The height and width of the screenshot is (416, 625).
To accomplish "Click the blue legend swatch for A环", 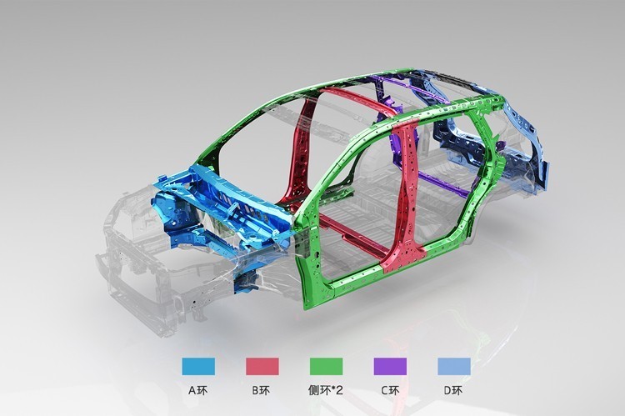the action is pyautogui.click(x=198, y=366).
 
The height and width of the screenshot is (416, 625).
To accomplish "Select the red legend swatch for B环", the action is pyautogui.click(x=262, y=366).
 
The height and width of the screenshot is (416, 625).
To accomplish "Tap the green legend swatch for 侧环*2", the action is pyautogui.click(x=326, y=366).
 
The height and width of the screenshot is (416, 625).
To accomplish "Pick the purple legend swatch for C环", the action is pyautogui.click(x=390, y=366).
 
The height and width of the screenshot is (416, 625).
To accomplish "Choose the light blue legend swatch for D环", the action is pyautogui.click(x=454, y=366).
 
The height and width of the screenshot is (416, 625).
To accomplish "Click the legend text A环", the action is pyautogui.click(x=198, y=390).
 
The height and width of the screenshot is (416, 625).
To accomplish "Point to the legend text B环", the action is pyautogui.click(x=262, y=390).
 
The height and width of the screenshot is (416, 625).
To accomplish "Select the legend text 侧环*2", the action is pyautogui.click(x=326, y=390).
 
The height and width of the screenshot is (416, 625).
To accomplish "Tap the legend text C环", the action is pyautogui.click(x=390, y=390).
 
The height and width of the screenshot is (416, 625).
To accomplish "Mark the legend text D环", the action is pyautogui.click(x=453, y=390).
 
